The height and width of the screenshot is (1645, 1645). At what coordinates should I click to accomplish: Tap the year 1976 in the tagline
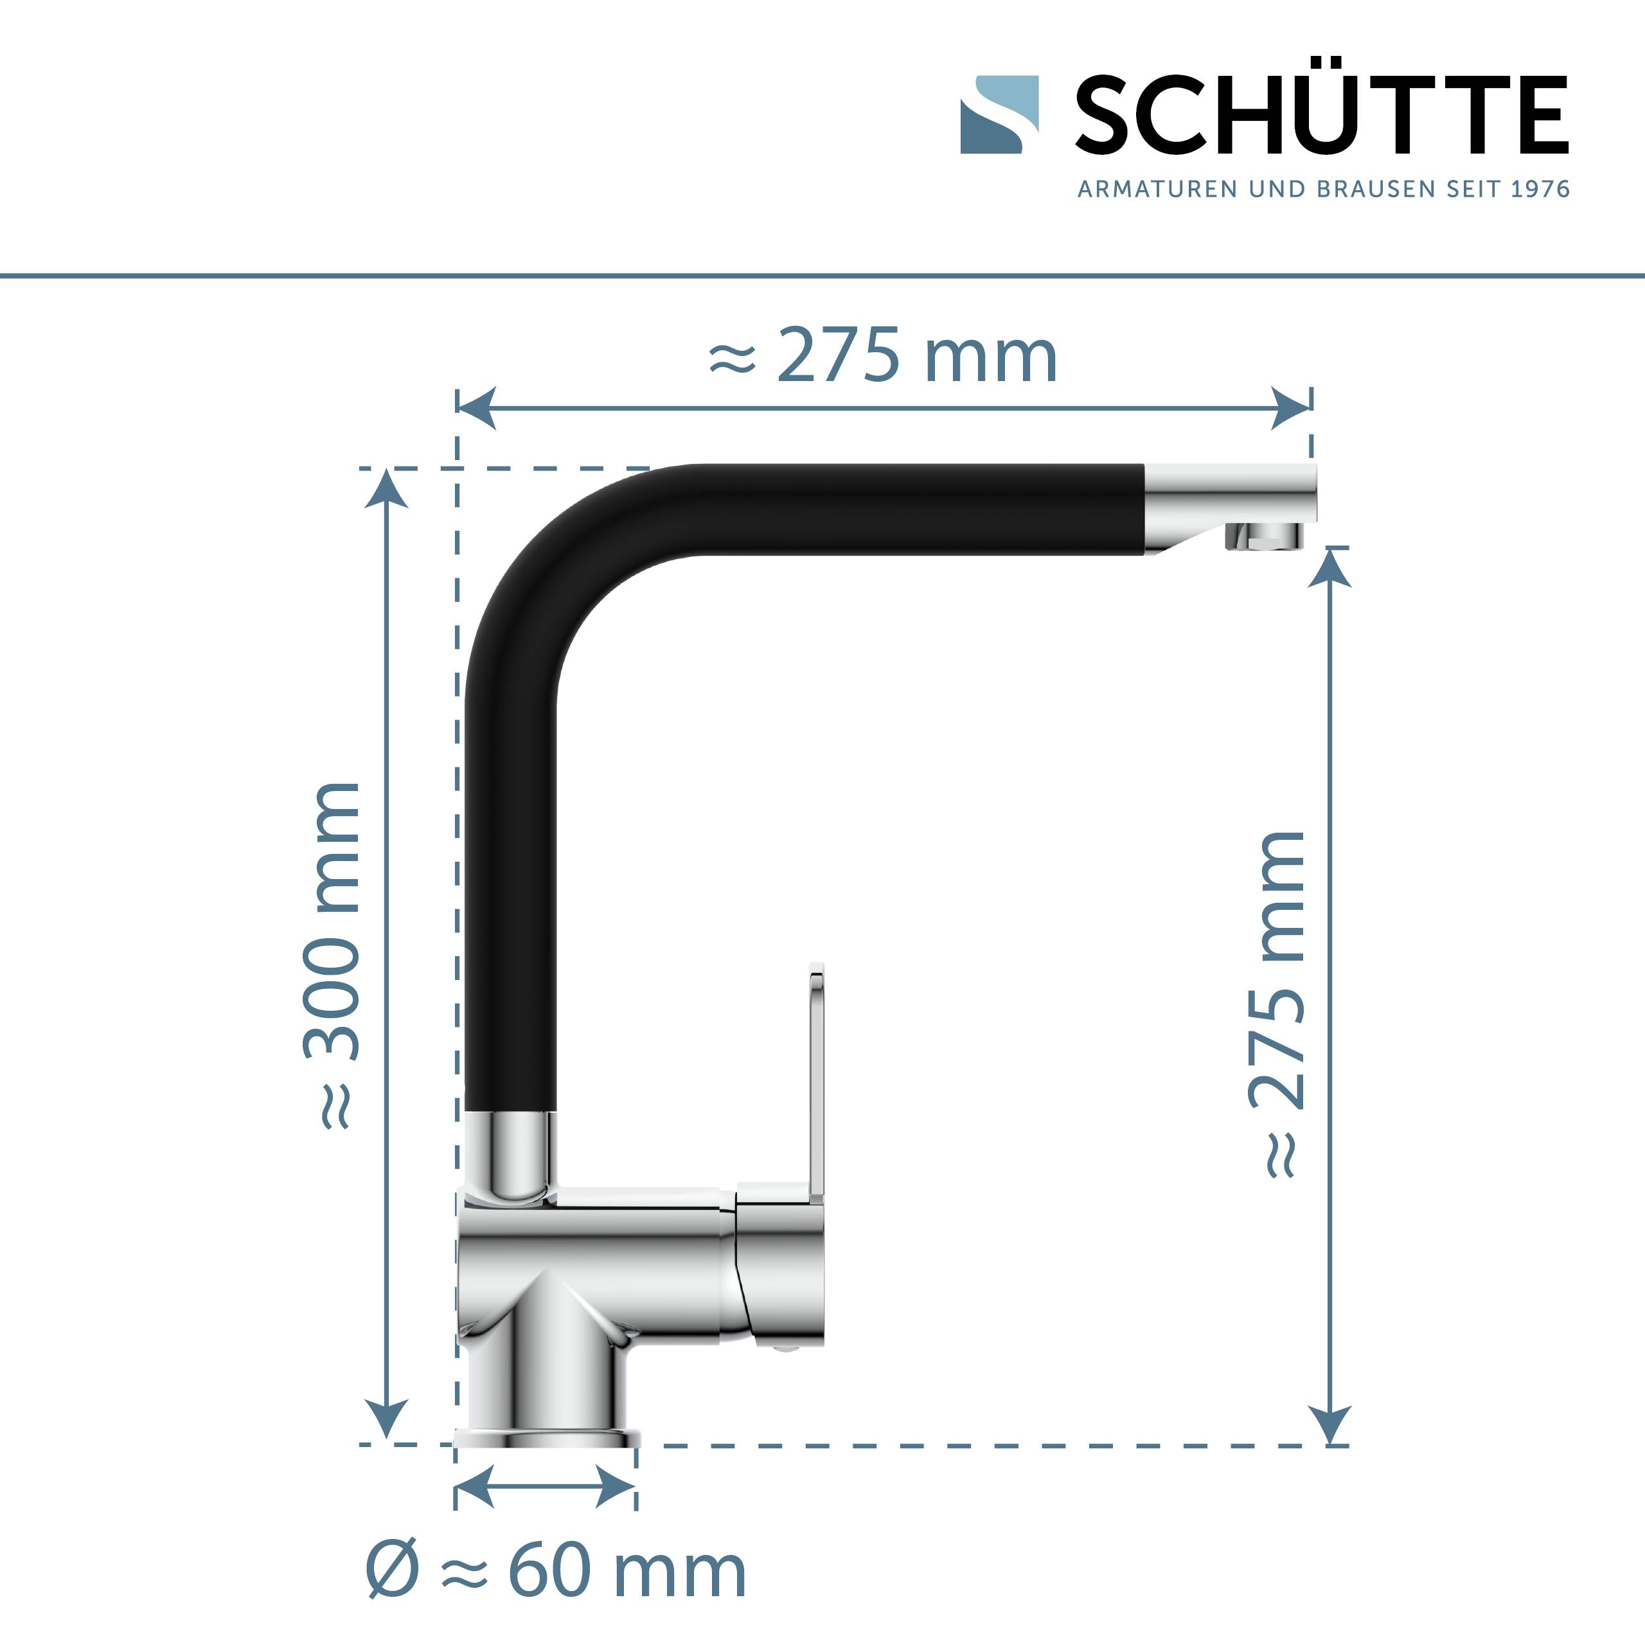(x=1540, y=189)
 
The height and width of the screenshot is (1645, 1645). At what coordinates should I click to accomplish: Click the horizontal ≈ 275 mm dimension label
(x=883, y=356)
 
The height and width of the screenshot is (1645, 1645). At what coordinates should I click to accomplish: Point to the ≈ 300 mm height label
(x=333, y=954)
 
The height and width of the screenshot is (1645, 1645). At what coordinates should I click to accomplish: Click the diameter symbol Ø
(x=393, y=1571)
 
